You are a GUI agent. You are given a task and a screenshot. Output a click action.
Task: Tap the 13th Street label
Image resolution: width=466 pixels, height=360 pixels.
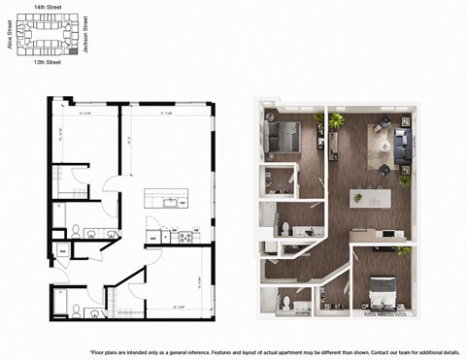(47, 62)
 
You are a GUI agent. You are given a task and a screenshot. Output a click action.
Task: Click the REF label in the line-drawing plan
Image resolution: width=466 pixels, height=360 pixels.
(152, 236)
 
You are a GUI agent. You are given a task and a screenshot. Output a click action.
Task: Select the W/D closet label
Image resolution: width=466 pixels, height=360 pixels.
(62, 251)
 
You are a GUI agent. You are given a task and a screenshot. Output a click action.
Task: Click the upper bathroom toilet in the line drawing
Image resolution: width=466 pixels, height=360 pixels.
(76, 231)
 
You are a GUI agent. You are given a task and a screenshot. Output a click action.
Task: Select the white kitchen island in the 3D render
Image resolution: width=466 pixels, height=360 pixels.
(370, 197)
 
